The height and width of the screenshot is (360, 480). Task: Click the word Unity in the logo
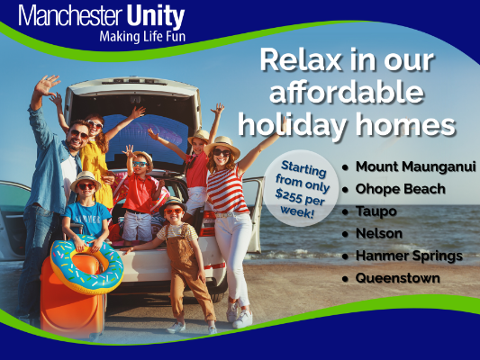(x=155, y=16)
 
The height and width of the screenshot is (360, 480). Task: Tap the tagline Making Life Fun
(x=142, y=37)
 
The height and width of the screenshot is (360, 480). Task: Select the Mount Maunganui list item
(x=415, y=167)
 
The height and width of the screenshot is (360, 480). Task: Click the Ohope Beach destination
(x=400, y=189)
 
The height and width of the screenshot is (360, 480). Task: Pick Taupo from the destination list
(x=376, y=211)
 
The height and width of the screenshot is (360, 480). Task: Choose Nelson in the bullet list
(x=379, y=234)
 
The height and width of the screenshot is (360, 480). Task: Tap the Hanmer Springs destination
(x=409, y=256)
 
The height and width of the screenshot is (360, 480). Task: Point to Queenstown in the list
(x=398, y=278)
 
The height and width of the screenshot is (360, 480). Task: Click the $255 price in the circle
(x=288, y=196)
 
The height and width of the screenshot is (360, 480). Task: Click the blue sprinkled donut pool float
(x=87, y=265)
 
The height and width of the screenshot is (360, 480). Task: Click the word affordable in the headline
(x=347, y=93)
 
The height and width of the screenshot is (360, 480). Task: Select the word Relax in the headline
(x=301, y=60)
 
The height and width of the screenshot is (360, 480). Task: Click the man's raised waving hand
(x=47, y=85)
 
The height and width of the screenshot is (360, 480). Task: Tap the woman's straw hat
(x=222, y=145)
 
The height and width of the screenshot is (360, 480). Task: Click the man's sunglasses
(x=79, y=134)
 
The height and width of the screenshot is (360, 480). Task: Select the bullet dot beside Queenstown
(x=346, y=279)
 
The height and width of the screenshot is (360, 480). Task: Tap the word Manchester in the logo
(x=70, y=16)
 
